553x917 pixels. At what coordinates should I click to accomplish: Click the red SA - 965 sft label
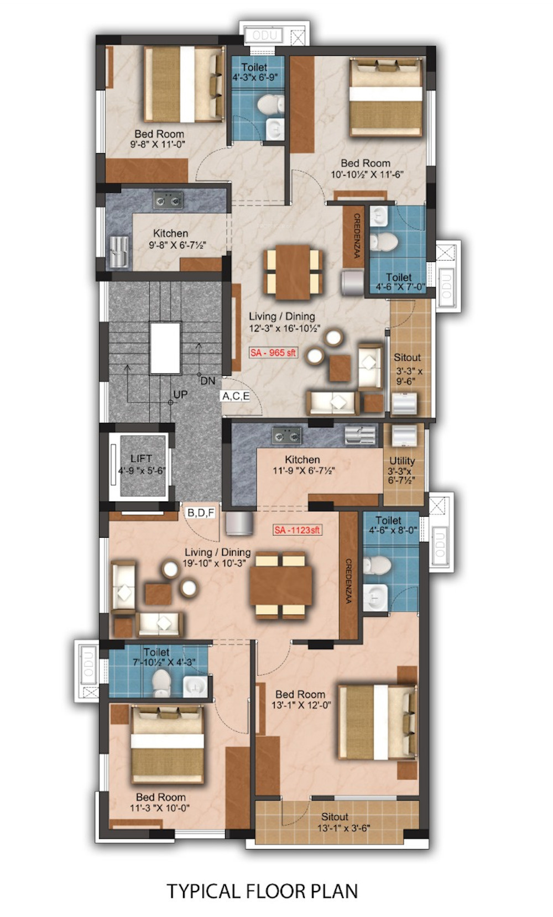coord(273,353)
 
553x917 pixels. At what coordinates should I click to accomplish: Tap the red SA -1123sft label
coord(298,530)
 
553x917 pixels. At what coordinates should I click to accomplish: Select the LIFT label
coord(141,459)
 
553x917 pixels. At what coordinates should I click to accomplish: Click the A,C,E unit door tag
coord(236,396)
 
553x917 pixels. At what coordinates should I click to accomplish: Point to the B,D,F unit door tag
coord(201,512)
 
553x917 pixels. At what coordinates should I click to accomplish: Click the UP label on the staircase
coord(180,395)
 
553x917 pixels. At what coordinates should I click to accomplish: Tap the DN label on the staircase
coord(208,381)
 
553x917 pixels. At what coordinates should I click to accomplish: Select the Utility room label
coord(402,461)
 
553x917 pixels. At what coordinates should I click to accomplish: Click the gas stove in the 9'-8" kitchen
coord(168,200)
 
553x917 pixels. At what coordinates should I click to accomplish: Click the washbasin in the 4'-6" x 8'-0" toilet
coord(375,598)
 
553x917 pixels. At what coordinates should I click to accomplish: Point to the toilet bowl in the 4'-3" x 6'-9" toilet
coord(270,104)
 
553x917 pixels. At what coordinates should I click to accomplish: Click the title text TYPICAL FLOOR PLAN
coord(262,891)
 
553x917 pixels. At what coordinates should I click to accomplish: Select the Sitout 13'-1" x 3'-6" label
coord(343,822)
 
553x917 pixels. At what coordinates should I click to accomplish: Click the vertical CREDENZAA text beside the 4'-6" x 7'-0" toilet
coord(356,236)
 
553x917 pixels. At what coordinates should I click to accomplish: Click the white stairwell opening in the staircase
coord(165,348)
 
